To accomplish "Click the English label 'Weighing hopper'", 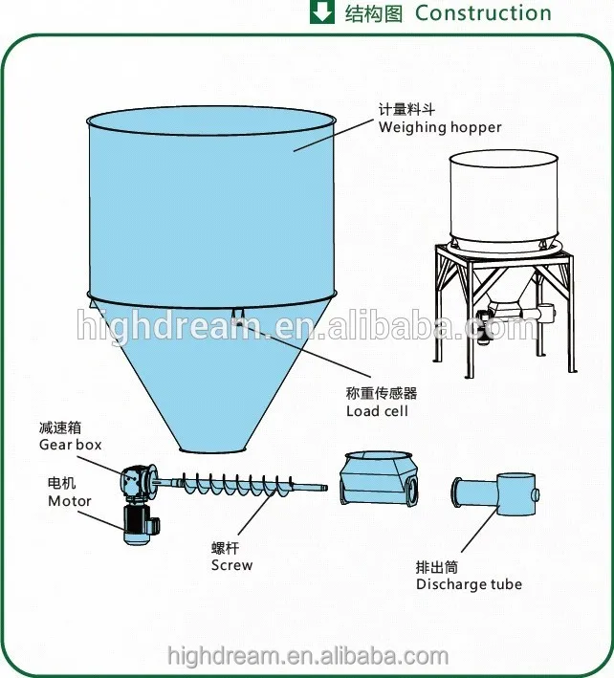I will click(x=439, y=127).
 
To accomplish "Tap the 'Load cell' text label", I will click(x=377, y=411).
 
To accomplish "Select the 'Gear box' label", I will click(x=70, y=445).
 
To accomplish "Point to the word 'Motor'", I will click(x=70, y=500).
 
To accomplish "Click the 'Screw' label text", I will click(x=231, y=564).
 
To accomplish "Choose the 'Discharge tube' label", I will click(x=469, y=583).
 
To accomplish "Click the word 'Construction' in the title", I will click(x=483, y=13).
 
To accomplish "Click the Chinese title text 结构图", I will click(x=374, y=13).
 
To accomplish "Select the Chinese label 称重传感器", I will click(x=381, y=393).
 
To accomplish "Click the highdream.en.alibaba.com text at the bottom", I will click(x=307, y=657).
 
